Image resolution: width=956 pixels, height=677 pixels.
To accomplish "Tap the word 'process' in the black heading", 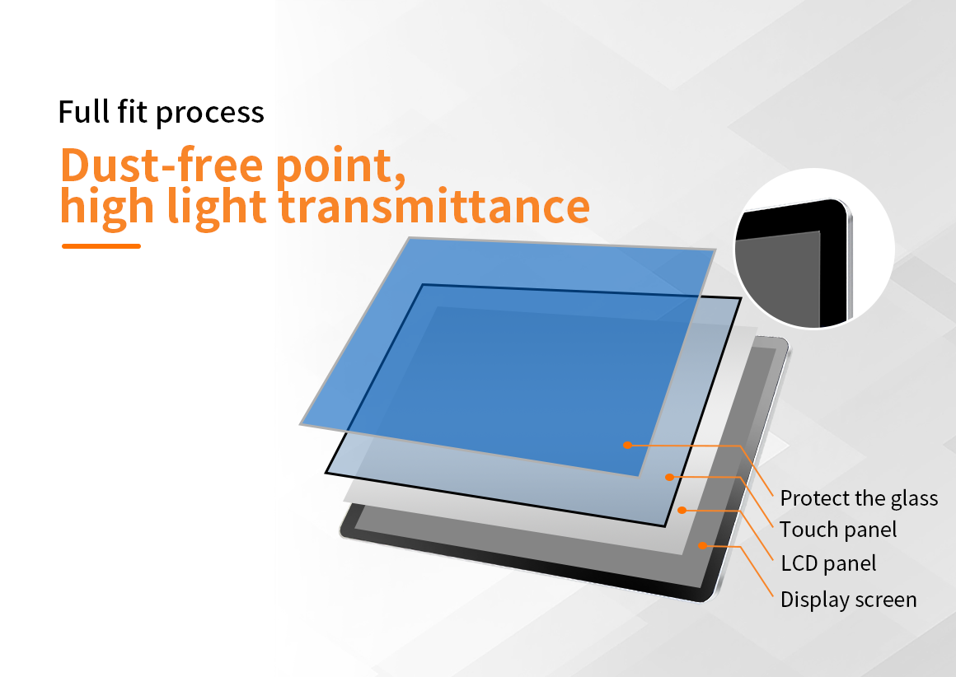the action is [209, 114].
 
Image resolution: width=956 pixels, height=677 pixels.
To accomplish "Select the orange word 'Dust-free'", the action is [162, 165].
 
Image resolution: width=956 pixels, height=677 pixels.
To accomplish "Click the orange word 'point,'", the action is [340, 166].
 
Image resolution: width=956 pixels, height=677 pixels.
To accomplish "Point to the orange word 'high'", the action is [106, 208].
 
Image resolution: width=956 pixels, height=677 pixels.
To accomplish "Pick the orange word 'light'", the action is [217, 208].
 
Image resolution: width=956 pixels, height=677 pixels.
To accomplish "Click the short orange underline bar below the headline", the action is [101, 246].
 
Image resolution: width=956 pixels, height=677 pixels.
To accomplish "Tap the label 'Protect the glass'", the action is [859, 498].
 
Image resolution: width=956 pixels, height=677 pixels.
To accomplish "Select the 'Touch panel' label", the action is [838, 530].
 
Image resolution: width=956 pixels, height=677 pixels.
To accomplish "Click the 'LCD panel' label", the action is [828, 563].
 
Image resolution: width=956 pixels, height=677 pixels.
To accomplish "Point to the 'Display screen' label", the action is [849, 600].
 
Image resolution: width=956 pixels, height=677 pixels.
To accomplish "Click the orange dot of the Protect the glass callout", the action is [627, 445].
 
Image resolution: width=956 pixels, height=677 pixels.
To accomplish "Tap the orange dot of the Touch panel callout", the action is [669, 477].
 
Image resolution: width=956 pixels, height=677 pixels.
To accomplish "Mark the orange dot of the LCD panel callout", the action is [682, 510].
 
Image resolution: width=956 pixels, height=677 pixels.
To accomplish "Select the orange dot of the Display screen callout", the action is [702, 545].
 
